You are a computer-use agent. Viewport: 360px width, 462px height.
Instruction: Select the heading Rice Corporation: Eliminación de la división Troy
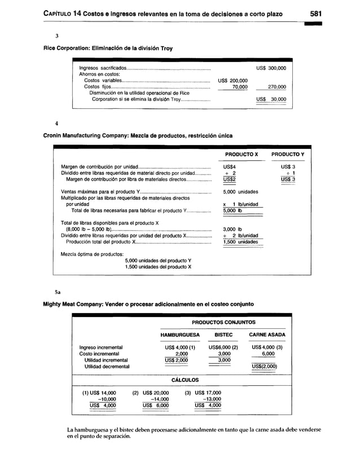click(x=108, y=48)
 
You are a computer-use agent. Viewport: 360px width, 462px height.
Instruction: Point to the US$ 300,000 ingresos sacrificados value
click(x=271, y=68)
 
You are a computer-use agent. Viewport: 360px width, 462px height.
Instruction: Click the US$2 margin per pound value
click(x=229, y=180)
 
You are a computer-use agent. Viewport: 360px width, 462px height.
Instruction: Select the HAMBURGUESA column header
click(x=177, y=335)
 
